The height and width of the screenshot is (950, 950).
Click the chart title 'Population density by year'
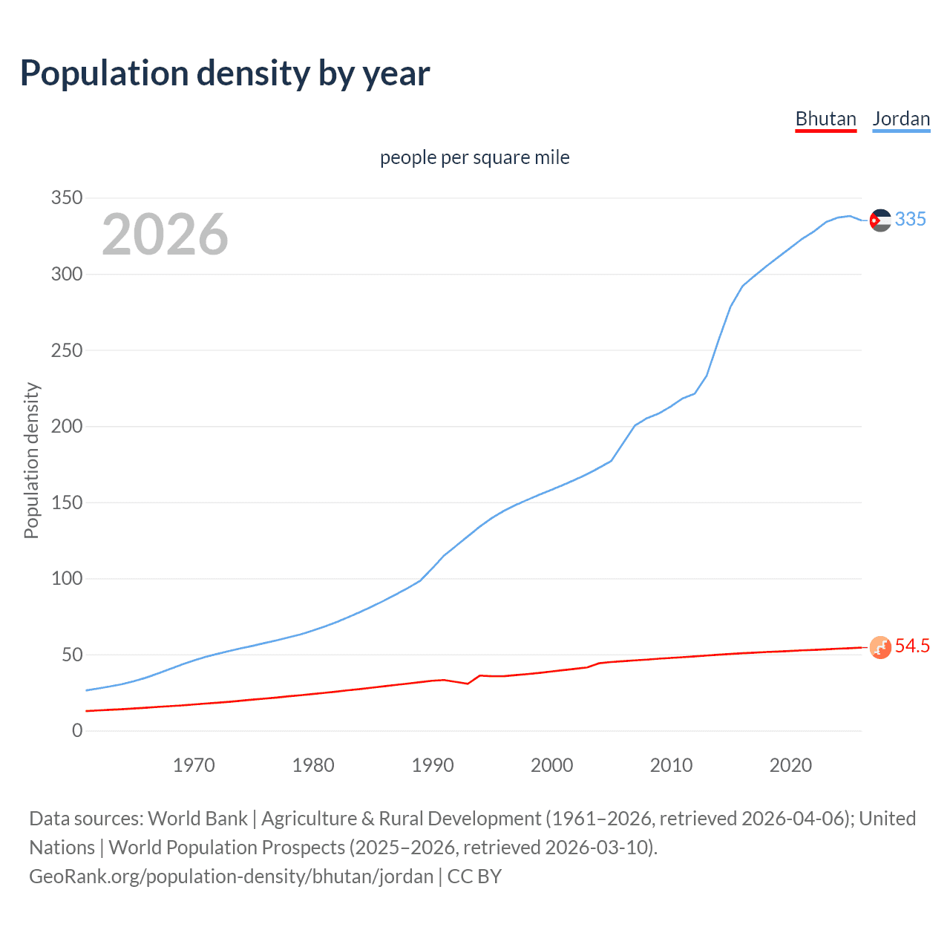[x=225, y=73]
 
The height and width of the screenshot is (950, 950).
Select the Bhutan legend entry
[x=825, y=119]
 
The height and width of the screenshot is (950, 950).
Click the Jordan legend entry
[x=901, y=119]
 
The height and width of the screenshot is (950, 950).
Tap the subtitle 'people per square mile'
[x=475, y=157]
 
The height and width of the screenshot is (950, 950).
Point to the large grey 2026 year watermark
[x=165, y=235]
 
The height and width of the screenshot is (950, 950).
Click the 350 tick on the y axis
[x=67, y=198]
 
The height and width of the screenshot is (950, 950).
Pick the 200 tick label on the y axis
[x=67, y=427]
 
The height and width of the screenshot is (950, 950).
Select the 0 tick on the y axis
[x=77, y=731]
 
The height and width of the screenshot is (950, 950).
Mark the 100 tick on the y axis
[x=67, y=579]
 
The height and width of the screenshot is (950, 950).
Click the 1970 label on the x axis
[x=194, y=765]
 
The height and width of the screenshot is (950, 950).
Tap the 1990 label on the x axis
[x=433, y=765]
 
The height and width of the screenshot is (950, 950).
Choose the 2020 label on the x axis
[x=790, y=765]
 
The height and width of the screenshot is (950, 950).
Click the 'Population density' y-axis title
[x=31, y=460]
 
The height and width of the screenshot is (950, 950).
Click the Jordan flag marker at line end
[x=880, y=220]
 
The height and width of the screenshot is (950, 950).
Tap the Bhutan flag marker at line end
[x=880, y=647]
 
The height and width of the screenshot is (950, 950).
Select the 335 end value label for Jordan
[x=911, y=219]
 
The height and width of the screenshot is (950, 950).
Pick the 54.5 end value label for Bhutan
[x=912, y=646]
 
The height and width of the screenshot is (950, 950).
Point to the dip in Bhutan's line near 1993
[x=468, y=684]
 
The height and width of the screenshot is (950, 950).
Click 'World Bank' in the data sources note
[x=197, y=819]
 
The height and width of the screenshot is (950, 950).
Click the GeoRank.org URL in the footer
[x=231, y=877]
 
